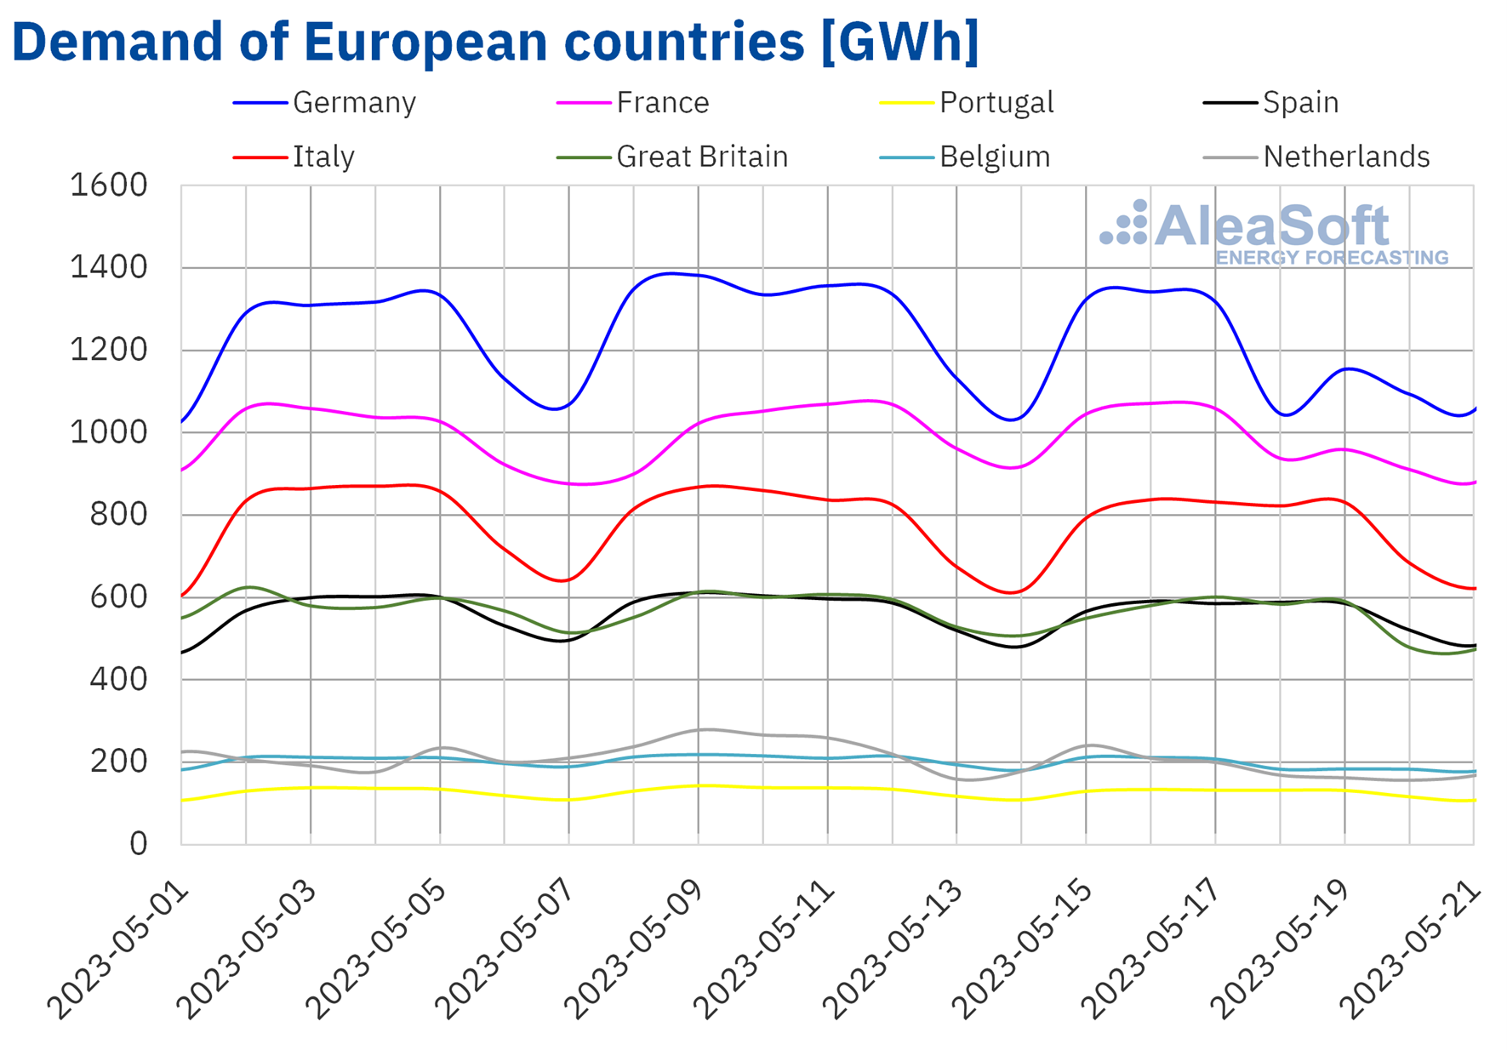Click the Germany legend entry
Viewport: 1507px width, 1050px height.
click(353, 103)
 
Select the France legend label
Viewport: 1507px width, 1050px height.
click(662, 103)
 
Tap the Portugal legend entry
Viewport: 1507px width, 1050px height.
click(996, 103)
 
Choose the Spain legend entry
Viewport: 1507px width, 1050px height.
click(1300, 103)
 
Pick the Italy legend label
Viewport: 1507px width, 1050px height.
click(323, 157)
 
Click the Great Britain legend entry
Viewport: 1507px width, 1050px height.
click(701, 157)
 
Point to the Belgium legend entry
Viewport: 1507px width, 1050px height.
click(994, 157)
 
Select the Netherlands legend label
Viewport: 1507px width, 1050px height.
click(1345, 157)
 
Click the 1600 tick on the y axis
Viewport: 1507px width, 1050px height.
click(109, 185)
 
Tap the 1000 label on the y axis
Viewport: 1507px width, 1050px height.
click(109, 432)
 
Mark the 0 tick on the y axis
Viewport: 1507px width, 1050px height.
click(138, 843)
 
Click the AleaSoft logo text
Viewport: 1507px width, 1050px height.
click(1271, 225)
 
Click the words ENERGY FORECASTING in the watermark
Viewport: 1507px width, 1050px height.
click(1332, 258)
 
